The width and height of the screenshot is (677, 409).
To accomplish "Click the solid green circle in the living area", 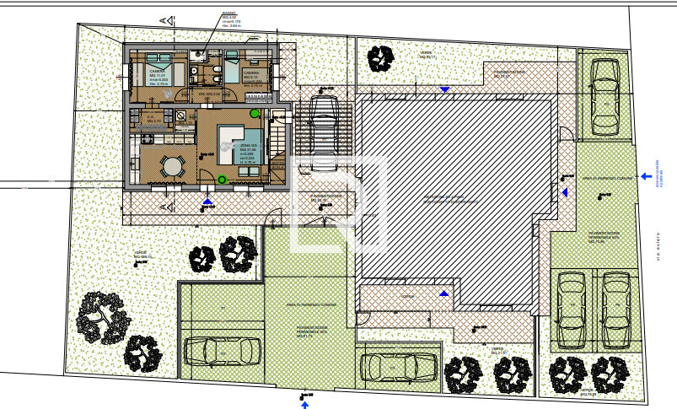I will click(x=253, y=112).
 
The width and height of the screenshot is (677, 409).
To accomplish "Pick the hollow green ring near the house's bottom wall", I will click(x=222, y=179).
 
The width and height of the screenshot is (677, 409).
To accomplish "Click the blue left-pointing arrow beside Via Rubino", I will click(x=645, y=176).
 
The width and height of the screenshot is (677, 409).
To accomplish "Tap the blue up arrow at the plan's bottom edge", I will click(x=304, y=404).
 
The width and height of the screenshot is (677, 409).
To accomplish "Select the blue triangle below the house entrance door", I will click(x=208, y=201).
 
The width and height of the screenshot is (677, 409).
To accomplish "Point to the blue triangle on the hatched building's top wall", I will click(x=444, y=88).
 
